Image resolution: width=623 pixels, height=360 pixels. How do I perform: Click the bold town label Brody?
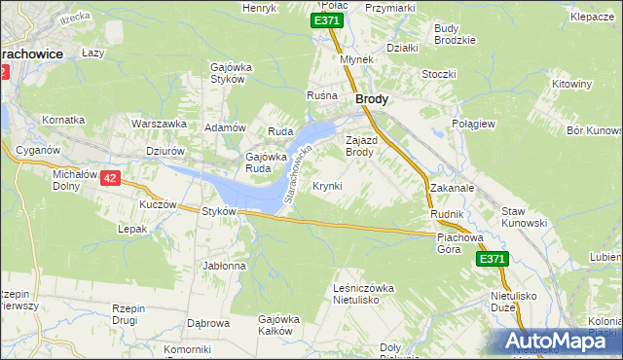coord(372,99)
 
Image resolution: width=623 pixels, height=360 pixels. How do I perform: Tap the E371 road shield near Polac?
coord(326,20)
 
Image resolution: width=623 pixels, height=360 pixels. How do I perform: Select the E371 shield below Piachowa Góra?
coord(492,259)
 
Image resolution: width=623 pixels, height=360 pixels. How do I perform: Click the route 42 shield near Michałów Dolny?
coord(110,178)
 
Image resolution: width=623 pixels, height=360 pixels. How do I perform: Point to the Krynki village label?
coord(327,186)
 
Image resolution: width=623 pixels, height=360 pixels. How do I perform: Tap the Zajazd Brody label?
coord(359,146)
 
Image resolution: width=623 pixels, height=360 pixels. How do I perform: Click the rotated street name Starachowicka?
coord(296,174)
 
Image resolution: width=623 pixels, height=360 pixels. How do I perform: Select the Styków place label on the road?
coord(219,212)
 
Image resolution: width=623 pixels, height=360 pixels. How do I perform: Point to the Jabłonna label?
coord(224,266)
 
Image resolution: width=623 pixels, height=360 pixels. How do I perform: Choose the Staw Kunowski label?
coord(524,217)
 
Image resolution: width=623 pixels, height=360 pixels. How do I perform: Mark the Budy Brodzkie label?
coord(455,34)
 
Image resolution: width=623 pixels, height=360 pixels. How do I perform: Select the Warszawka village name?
coord(159,125)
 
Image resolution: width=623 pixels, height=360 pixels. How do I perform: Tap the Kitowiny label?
coord(571,85)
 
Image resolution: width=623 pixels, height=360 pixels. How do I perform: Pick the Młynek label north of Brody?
coord(357,59)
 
